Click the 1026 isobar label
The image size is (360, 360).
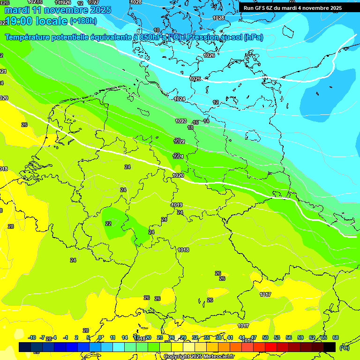tap(209, 55)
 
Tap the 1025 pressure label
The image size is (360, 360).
tap(195, 79)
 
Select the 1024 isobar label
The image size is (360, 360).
tap(180, 99)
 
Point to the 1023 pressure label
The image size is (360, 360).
tap(181, 121)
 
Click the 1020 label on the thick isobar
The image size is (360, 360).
tap(178, 175)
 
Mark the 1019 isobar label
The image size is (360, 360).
tap(177, 205)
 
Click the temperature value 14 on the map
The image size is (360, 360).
tap(206, 121)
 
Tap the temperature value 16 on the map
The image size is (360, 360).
tap(195, 122)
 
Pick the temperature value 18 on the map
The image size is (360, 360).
tap(190, 127)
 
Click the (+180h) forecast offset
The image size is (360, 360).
tap(83, 21)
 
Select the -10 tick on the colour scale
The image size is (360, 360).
tap(32, 337)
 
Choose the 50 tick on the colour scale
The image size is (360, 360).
tap(265, 337)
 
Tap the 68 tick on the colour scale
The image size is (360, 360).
tap(336, 337)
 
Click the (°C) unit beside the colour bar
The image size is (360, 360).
tap(344, 347)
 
